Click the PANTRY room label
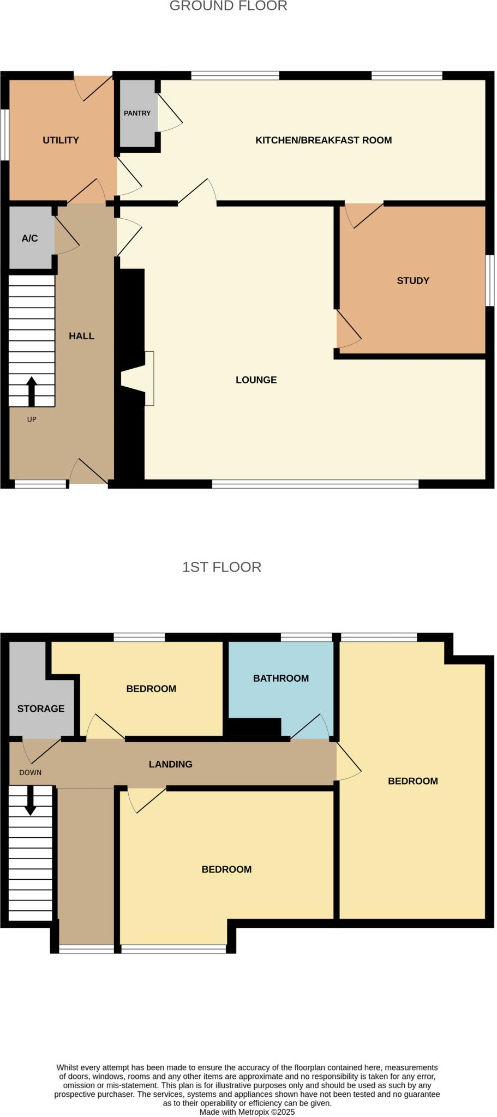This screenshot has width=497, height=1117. click(137, 113)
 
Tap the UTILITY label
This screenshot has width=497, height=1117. click(61, 140)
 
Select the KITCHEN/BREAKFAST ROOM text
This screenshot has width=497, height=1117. click(324, 140)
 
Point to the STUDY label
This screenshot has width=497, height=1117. click(413, 281)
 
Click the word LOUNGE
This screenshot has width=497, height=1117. click(256, 380)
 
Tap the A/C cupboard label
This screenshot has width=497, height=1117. click(29, 238)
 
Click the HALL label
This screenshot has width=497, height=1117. click(81, 336)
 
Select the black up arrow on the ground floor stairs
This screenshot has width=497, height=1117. click(32, 391)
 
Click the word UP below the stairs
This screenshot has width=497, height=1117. click(32, 419)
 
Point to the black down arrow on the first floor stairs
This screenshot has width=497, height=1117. click(31, 800)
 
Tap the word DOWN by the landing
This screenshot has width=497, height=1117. click(30, 772)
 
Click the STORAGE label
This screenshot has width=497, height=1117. click(41, 708)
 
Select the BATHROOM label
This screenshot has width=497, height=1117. click(281, 678)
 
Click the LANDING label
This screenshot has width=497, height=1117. click(170, 764)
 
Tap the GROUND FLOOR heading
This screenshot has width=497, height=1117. click(228, 6)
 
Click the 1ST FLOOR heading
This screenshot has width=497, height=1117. click(221, 567)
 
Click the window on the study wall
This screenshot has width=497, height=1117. click(490, 281)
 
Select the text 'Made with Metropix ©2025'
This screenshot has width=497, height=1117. click(247, 1112)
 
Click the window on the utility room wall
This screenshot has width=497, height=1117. click(4, 135)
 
